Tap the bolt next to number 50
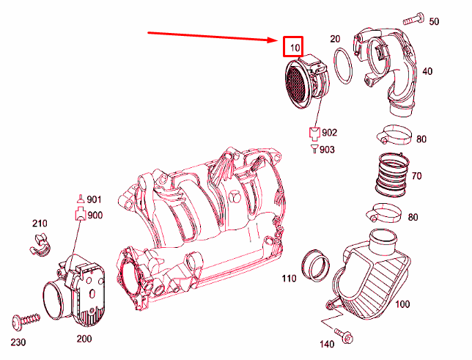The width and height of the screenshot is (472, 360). pyautogui.click(x=412, y=18)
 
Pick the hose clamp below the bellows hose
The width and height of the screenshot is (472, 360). pyautogui.click(x=384, y=213)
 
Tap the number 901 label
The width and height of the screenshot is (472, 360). pyautogui.click(x=94, y=199)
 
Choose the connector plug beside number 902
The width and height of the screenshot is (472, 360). pyautogui.click(x=313, y=133)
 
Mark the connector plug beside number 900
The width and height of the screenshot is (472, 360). pyautogui.click(x=77, y=214)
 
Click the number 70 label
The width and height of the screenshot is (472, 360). pyautogui.click(x=416, y=176)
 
